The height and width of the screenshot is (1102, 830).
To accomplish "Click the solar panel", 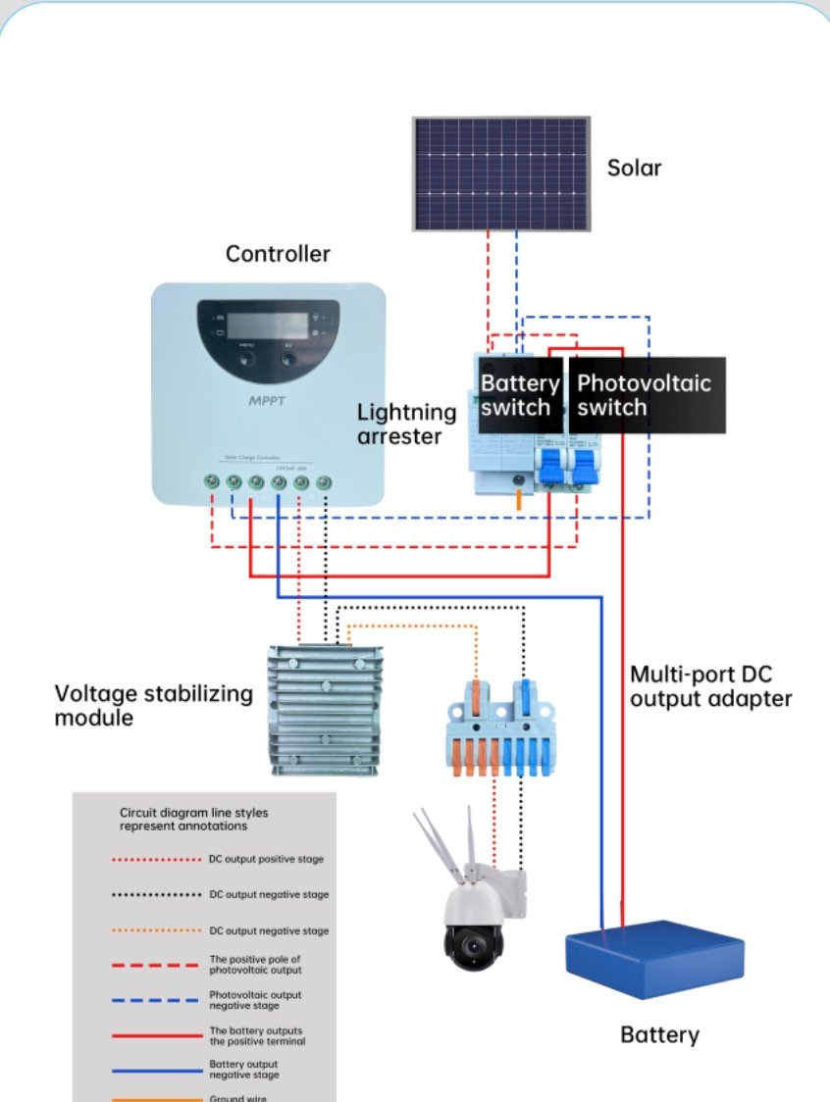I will click(501, 174).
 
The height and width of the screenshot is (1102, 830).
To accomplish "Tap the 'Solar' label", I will click(634, 168).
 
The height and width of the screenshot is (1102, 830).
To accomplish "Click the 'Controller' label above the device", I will click(278, 254).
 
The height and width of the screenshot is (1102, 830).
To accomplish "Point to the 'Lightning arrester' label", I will click(406, 425).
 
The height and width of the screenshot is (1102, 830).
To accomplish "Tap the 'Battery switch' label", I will click(520, 395).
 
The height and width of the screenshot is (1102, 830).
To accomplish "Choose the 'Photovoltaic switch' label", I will click(644, 395).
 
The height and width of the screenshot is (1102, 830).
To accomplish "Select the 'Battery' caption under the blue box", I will click(659, 1034).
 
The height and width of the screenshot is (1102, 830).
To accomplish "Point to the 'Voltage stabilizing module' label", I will click(153, 706).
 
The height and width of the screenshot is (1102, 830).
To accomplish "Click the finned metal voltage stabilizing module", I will click(325, 707).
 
